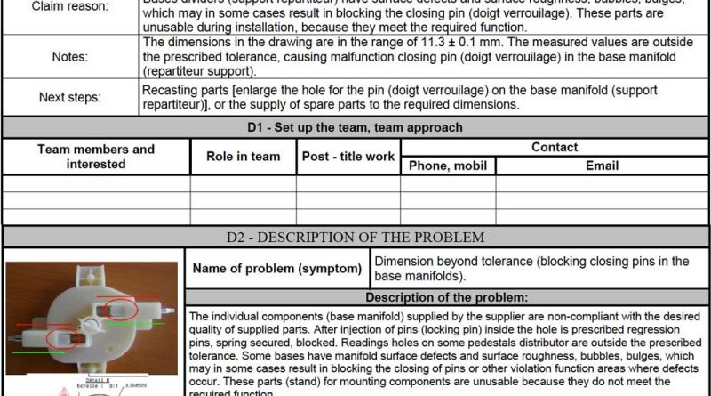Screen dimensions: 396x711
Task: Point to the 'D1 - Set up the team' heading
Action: pos(355,127)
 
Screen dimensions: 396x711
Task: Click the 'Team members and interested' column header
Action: pos(96,157)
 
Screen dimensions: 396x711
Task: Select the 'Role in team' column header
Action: pos(243,157)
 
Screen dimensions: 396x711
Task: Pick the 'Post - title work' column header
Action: pos(348,157)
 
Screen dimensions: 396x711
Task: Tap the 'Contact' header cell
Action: pos(554,148)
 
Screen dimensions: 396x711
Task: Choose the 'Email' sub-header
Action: pos(602,166)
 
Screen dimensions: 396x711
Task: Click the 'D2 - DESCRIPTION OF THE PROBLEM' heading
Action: pos(355,238)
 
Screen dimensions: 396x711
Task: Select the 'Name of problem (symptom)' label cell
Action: pos(277,269)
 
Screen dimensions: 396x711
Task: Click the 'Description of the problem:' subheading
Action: pos(447,297)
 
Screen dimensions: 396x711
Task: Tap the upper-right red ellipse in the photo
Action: pos(123,310)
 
